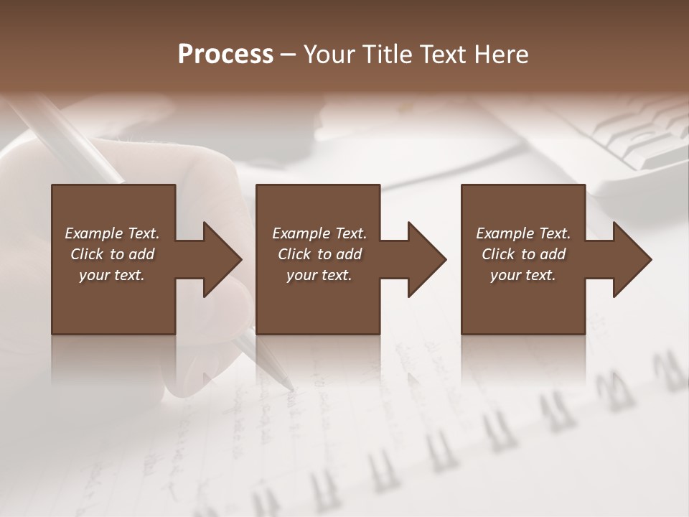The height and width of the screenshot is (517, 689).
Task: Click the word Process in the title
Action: [x=225, y=55]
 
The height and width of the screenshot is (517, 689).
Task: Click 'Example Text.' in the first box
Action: [x=112, y=233]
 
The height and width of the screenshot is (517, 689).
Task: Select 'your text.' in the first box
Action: [x=112, y=275]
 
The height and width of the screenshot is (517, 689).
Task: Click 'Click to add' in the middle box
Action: [x=319, y=254]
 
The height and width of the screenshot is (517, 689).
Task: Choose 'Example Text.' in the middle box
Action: [x=319, y=233]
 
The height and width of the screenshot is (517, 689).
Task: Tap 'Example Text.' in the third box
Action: [x=523, y=233]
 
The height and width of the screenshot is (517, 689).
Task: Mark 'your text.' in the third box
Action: [x=523, y=275]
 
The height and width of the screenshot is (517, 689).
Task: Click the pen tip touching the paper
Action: [x=290, y=388]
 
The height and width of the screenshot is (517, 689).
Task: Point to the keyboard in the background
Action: [x=632, y=136]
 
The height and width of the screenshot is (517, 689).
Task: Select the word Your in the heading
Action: [x=329, y=55]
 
